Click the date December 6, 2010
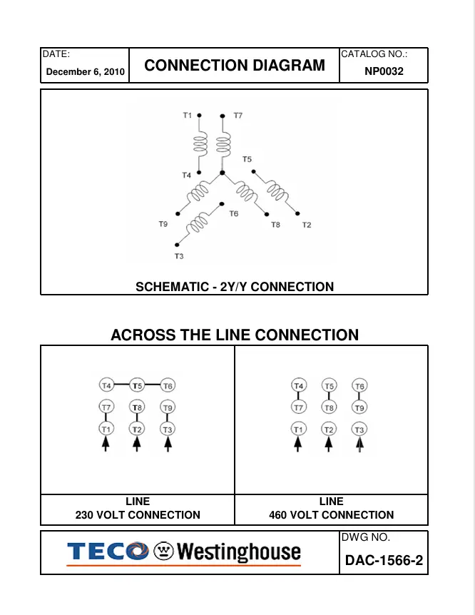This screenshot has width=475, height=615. [x=86, y=72]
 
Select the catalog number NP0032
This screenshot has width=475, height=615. [x=384, y=71]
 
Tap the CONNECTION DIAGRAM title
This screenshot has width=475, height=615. [x=235, y=66]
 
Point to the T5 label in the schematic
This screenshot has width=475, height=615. [x=247, y=159]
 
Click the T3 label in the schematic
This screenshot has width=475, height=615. [x=178, y=255]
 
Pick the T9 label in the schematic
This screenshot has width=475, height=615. [x=163, y=224]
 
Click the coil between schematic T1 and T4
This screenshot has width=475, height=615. [x=200, y=145]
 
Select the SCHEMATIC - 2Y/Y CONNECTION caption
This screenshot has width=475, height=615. [x=235, y=287]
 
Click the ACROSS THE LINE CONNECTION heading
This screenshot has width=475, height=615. [x=235, y=335]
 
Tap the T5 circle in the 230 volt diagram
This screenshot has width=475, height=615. [x=137, y=386]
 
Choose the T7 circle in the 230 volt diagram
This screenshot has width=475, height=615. [x=106, y=407]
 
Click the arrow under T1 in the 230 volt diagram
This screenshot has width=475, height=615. [x=106, y=444]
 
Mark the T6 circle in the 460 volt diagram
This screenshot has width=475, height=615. [x=359, y=386]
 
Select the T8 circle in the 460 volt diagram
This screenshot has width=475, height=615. [x=329, y=407]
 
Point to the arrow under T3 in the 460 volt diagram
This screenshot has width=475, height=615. [x=359, y=445]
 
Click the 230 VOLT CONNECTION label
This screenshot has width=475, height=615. [x=138, y=514]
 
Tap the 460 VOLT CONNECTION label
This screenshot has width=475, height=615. [x=331, y=514]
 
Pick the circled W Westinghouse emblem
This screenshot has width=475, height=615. [x=163, y=552]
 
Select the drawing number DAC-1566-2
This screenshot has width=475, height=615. [x=384, y=560]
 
